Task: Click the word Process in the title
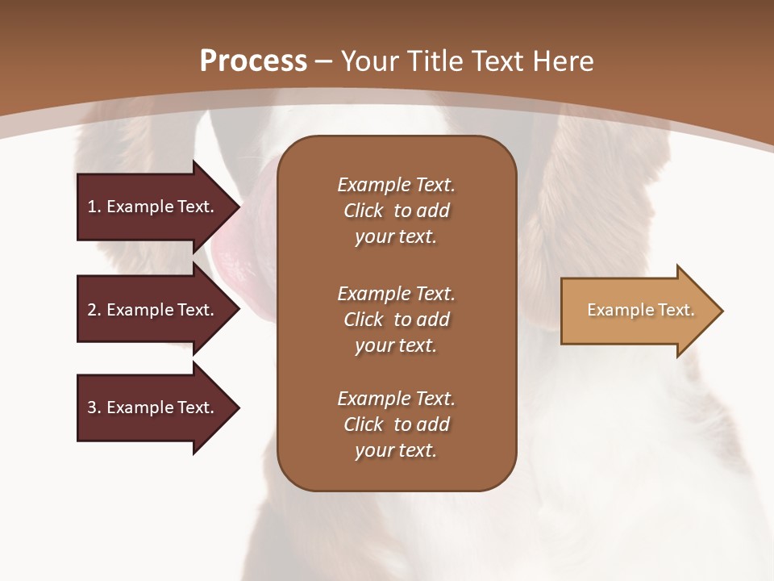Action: coord(253,61)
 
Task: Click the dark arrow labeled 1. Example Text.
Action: coord(159,207)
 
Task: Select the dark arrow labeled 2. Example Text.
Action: coord(159,309)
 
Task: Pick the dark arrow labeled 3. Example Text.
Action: coord(159,408)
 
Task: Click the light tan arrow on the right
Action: coord(642,311)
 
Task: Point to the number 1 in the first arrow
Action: coord(92,207)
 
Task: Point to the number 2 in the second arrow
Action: coord(92,310)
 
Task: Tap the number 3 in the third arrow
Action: coord(92,407)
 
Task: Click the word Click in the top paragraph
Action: coord(364,211)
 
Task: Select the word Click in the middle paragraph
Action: coord(364,320)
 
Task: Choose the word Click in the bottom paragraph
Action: coord(364,424)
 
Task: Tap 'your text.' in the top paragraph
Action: coord(396,237)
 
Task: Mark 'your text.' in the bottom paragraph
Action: coord(396,450)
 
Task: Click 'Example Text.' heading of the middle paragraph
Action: coord(397,294)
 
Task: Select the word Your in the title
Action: coord(370,61)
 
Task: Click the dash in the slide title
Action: coord(323,63)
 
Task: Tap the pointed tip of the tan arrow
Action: coord(723,311)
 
